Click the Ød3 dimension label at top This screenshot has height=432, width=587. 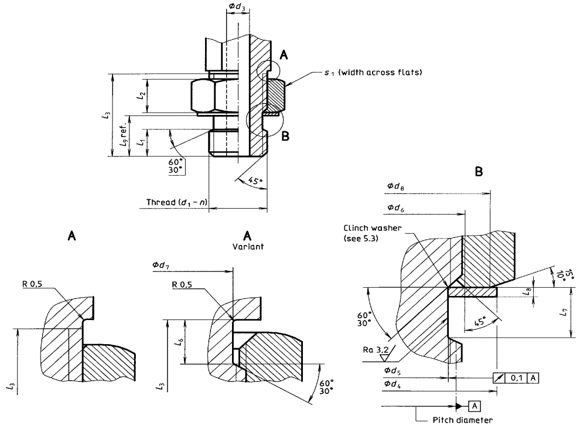[x=237, y=6]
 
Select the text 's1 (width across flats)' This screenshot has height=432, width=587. [x=373, y=72]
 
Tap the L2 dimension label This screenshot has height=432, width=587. [x=141, y=96]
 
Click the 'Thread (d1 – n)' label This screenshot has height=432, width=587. [x=177, y=202]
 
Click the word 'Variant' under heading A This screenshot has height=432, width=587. [x=248, y=247]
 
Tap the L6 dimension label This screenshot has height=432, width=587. [x=180, y=341]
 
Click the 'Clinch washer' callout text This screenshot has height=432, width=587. [x=372, y=228]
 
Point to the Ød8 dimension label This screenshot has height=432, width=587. [x=395, y=186]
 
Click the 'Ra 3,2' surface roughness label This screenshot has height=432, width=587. [x=376, y=350]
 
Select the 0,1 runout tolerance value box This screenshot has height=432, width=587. [x=516, y=378]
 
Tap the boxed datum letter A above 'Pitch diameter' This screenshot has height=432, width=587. [x=475, y=406]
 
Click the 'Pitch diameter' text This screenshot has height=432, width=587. [x=463, y=420]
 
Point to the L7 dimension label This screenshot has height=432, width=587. [x=564, y=312]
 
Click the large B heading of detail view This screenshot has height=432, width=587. [x=479, y=172]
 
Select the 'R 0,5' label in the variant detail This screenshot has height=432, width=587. [x=182, y=284]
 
